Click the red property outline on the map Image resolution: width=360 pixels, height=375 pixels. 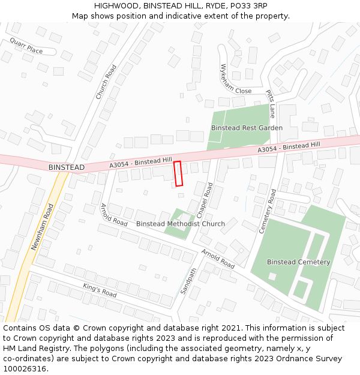[x=178, y=173]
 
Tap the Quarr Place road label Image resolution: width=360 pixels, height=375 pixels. [x=26, y=46]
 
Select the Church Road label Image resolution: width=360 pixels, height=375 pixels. [x=106, y=82]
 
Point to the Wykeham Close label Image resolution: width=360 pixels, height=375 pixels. [x=235, y=80]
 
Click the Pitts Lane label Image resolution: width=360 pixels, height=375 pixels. [x=271, y=104]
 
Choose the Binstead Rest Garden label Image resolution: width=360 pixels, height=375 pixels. [x=247, y=128]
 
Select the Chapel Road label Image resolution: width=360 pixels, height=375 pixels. [x=205, y=200]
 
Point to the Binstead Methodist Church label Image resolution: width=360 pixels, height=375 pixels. [x=181, y=224]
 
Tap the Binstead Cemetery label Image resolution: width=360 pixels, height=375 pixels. [x=298, y=262]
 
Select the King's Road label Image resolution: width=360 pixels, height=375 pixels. [x=100, y=290]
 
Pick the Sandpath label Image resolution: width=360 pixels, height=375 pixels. [x=188, y=281]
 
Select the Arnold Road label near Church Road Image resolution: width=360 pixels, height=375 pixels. [x=114, y=214]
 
